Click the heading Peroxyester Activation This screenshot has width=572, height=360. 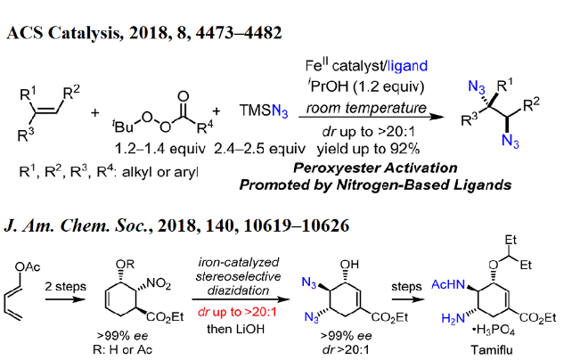click(x=373, y=167)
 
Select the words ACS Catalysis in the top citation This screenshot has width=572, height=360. click(x=61, y=33)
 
